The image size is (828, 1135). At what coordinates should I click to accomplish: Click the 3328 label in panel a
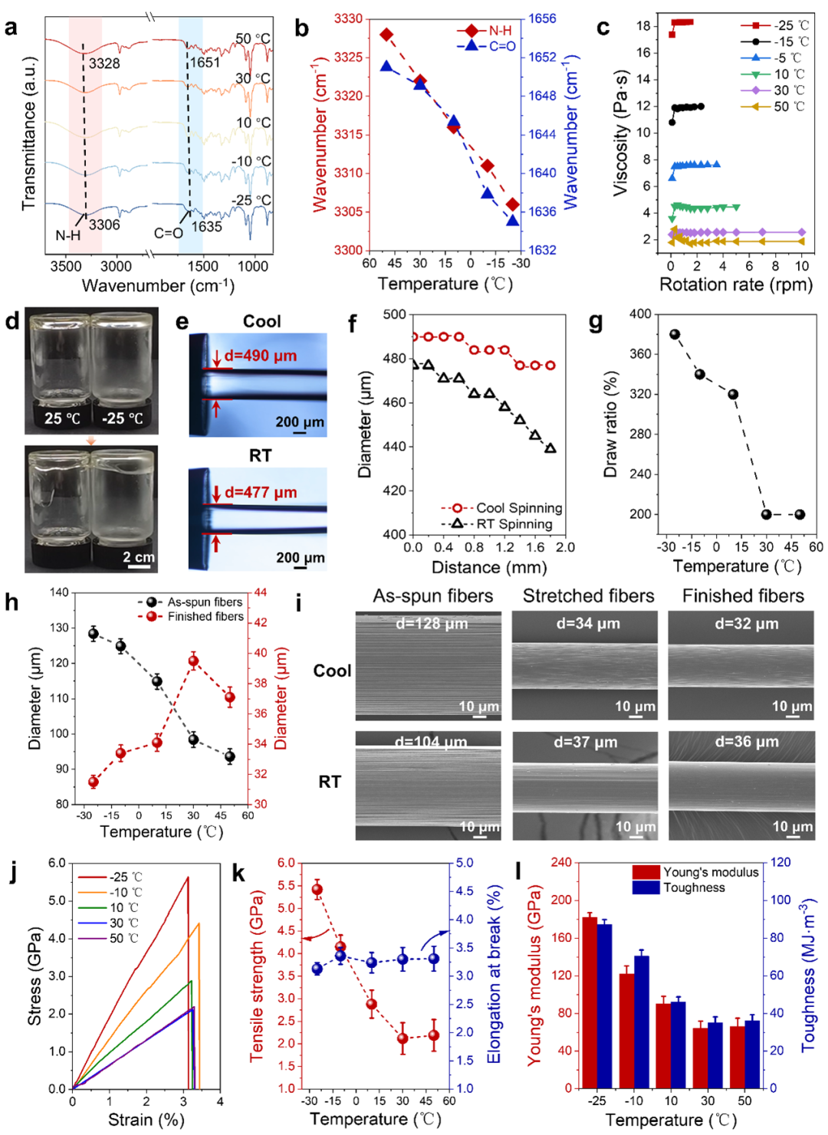pos(104,64)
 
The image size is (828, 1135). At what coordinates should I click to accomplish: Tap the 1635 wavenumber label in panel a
pos(206,226)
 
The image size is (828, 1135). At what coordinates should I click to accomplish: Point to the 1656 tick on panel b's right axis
pos(542,18)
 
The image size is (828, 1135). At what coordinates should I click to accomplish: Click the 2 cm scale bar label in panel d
pos(138,557)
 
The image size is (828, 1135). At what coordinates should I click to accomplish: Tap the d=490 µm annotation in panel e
pos(260,356)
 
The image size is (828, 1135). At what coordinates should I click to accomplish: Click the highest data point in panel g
pos(675,334)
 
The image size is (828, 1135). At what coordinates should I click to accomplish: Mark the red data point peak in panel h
pos(193,661)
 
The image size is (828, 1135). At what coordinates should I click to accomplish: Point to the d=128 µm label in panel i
pos(431,624)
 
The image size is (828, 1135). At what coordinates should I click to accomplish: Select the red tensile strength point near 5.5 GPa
pos(317,890)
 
